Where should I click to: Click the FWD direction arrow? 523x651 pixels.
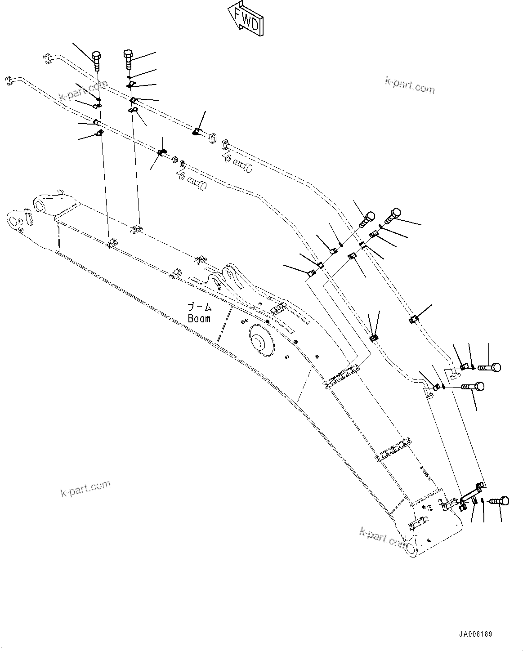tap(245, 19)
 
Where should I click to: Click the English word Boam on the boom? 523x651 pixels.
tap(199, 318)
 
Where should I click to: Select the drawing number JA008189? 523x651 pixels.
tap(475, 634)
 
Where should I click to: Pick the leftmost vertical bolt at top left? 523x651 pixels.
tap(96, 60)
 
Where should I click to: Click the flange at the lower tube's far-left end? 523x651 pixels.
tap(9, 81)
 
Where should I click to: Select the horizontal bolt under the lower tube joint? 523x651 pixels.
tap(196, 183)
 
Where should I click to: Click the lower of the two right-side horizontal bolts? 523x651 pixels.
tap(472, 386)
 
